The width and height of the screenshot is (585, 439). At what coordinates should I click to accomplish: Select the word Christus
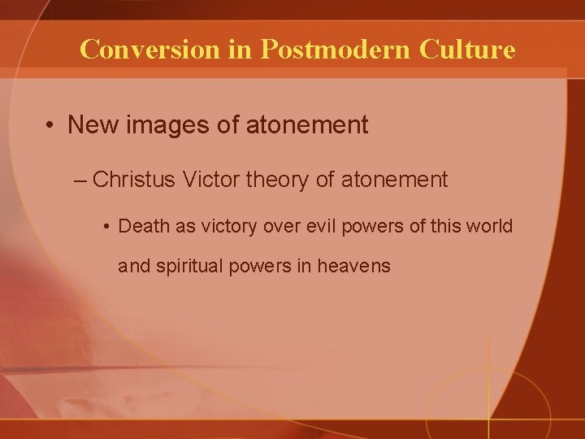(133, 180)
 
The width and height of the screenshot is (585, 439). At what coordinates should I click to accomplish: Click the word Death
(144, 225)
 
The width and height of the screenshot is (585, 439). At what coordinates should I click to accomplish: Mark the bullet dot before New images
(51, 126)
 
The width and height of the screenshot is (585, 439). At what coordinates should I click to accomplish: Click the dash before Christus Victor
(78, 180)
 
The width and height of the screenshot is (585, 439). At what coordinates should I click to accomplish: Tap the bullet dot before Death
(107, 226)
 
